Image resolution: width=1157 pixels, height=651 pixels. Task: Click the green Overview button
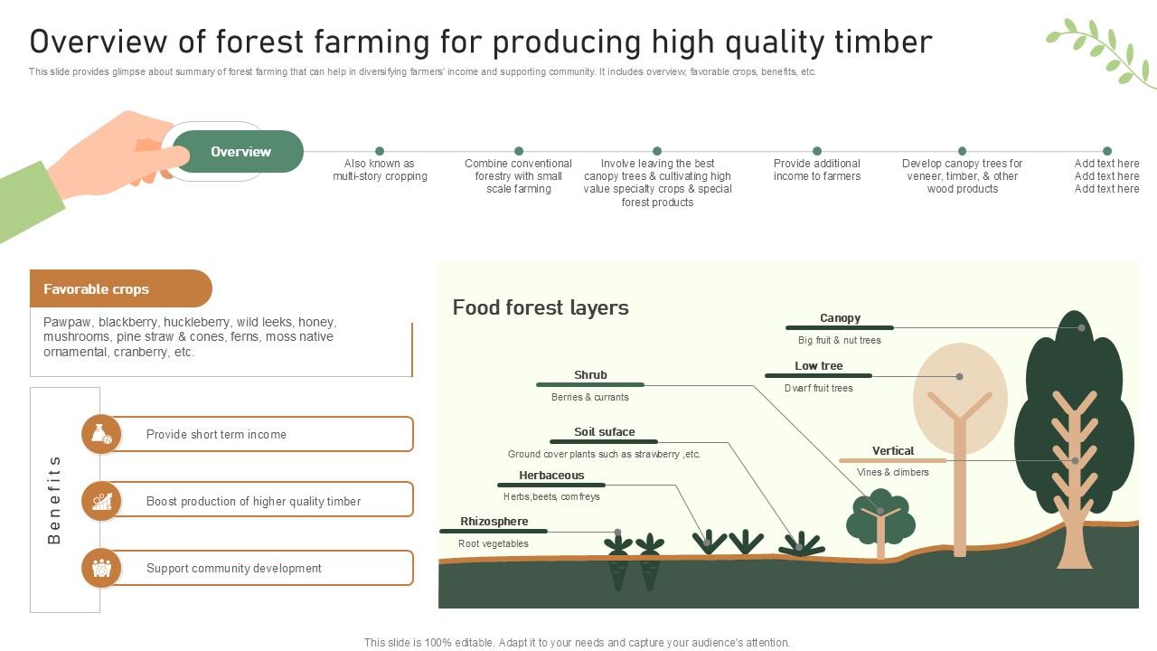click(x=239, y=152)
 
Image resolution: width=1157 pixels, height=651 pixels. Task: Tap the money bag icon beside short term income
click(x=101, y=435)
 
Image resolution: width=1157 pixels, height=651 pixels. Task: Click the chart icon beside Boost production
click(x=101, y=501)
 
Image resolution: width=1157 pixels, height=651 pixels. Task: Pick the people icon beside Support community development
click(x=101, y=568)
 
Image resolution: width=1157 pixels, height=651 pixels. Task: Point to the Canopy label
click(x=840, y=318)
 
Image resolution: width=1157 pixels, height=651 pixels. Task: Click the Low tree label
click(x=818, y=366)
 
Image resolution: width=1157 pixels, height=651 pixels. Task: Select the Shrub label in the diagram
click(x=590, y=375)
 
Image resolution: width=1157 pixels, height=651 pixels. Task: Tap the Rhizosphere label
click(x=494, y=522)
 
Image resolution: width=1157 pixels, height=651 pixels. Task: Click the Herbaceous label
click(x=551, y=476)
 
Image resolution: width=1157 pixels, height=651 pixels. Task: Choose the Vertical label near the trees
click(x=892, y=451)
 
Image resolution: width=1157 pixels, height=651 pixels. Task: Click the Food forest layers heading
click(x=541, y=307)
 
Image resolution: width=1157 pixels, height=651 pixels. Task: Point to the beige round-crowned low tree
click(x=960, y=398)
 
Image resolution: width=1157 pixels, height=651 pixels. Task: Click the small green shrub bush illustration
click(x=880, y=518)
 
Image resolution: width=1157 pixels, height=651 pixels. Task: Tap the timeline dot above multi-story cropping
click(x=380, y=151)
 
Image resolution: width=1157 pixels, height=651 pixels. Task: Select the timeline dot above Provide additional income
click(x=817, y=151)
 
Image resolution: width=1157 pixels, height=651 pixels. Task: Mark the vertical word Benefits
click(x=54, y=500)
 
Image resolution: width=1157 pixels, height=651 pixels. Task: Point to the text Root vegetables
click(x=493, y=543)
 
